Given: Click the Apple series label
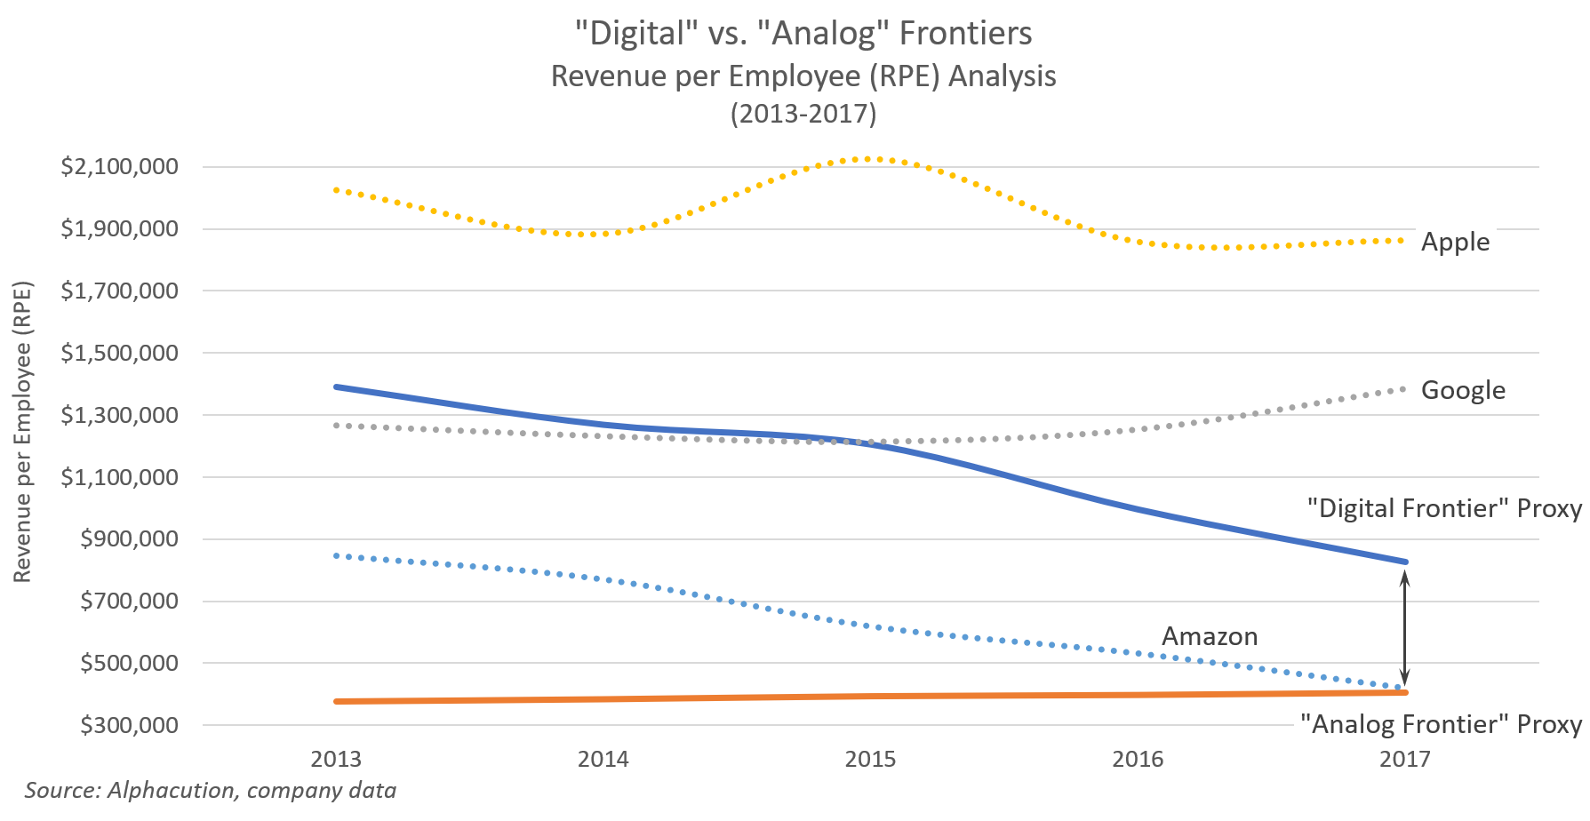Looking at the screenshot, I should (x=1455, y=242).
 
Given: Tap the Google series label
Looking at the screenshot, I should (x=1463, y=390).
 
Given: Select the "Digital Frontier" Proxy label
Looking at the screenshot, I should (x=1444, y=508).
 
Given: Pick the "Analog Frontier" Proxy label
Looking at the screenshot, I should (x=1441, y=724).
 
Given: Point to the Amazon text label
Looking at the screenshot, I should (x=1210, y=637).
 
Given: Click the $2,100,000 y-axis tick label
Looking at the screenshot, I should (x=120, y=167).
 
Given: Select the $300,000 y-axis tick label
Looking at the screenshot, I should (x=129, y=725).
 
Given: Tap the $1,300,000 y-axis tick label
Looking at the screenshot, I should (x=120, y=415).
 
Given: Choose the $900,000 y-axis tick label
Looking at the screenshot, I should (x=129, y=539).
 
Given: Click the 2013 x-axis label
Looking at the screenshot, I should (x=336, y=759).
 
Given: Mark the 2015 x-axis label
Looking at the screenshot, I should (x=870, y=759).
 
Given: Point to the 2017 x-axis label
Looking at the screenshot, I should (x=1404, y=759).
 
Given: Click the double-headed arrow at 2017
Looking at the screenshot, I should (x=1404, y=627).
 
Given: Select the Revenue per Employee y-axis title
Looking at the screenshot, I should (x=22, y=432).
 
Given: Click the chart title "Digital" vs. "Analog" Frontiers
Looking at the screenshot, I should (x=803, y=34).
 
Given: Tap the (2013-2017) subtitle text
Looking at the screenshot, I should (x=803, y=114).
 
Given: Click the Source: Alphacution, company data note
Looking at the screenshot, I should (x=211, y=790).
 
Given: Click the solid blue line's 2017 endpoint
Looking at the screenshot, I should (x=1404, y=562).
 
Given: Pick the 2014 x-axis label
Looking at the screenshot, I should (x=603, y=759).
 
